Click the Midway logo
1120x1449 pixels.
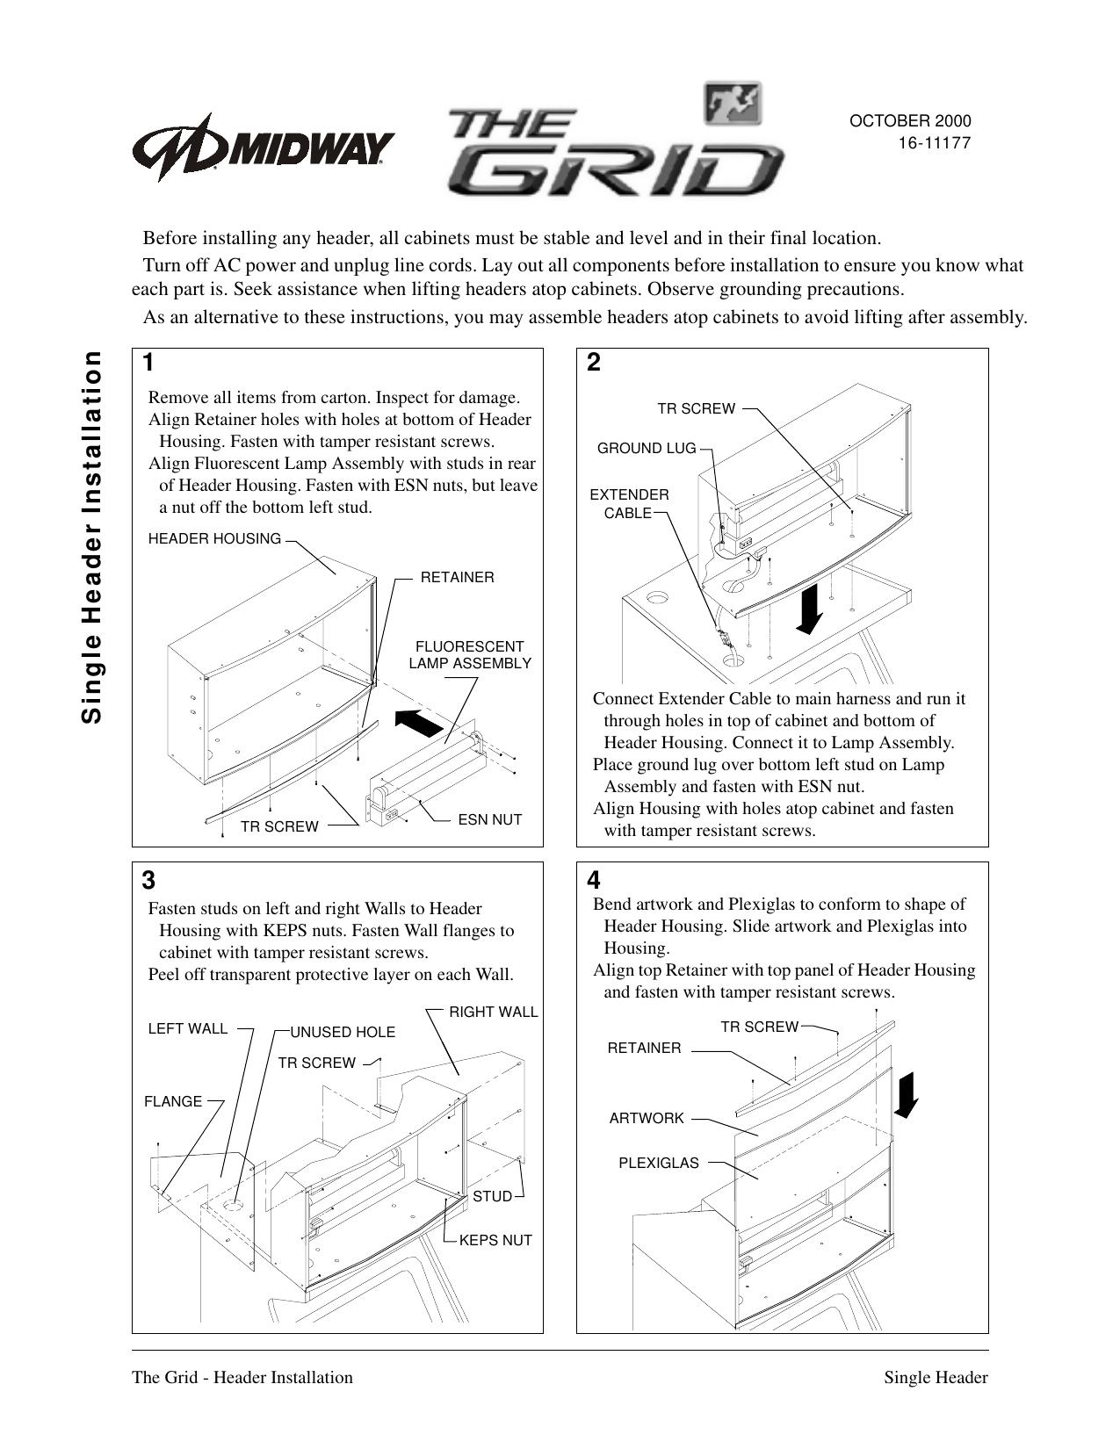(263, 146)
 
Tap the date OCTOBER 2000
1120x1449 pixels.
(909, 122)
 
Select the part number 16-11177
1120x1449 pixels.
(933, 143)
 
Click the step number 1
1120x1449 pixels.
(149, 362)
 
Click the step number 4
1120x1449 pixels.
(594, 879)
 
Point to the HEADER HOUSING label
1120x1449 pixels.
(215, 538)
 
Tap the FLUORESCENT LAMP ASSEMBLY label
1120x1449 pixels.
(470, 655)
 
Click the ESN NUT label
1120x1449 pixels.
(490, 819)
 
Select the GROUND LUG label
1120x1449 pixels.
(647, 449)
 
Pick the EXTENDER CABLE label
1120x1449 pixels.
(629, 504)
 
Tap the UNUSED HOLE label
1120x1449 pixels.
(343, 1032)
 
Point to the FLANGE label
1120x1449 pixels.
(173, 1101)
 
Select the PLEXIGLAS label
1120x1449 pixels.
(659, 1163)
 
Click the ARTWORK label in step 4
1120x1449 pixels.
(647, 1118)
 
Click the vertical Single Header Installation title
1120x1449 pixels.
(91, 537)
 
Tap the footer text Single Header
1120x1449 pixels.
(936, 1377)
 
